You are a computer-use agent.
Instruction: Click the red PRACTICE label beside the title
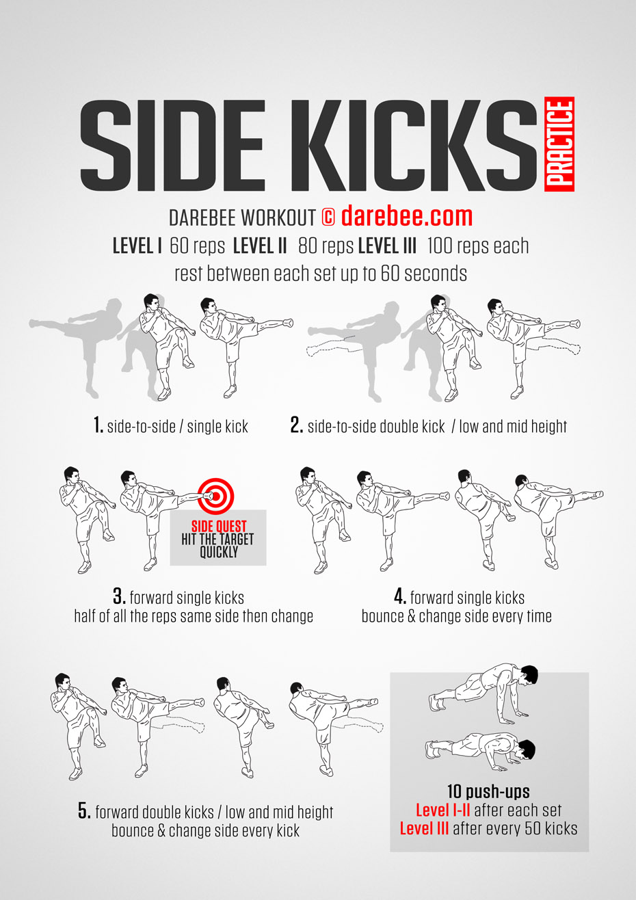click(559, 144)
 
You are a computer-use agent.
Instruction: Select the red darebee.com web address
click(407, 217)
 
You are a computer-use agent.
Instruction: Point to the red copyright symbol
click(328, 217)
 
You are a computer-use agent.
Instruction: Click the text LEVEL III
click(387, 246)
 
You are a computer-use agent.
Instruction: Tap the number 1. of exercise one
click(98, 425)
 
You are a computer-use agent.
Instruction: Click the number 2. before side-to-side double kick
click(297, 425)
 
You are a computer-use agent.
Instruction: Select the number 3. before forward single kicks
click(119, 596)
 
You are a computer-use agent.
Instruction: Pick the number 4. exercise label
click(400, 596)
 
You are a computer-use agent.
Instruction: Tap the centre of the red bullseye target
click(216, 497)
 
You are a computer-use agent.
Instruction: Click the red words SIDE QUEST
click(219, 527)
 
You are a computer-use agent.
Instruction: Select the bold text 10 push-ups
click(488, 792)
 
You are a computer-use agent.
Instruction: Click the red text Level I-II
click(442, 810)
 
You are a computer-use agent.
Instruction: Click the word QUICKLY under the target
click(219, 553)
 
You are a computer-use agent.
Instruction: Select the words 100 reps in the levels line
click(458, 246)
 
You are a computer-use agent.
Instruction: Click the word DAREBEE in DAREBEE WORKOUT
click(202, 217)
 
